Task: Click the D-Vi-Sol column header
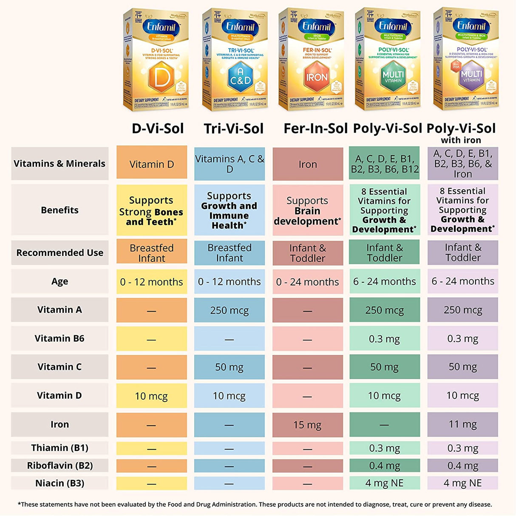coord(158,128)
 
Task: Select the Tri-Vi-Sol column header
coord(233,128)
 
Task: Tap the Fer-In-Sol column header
coord(315,128)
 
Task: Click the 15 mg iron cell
coord(307,425)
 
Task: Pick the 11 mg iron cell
coord(462,424)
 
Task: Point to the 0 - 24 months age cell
coord(307,281)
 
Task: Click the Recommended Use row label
coord(60,252)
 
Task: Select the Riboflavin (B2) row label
coord(60,465)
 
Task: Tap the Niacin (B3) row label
coord(60,483)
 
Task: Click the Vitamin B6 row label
coord(60,338)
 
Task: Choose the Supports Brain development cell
coord(307,210)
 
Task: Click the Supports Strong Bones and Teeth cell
coord(151,210)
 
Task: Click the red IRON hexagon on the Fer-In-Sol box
coord(317,77)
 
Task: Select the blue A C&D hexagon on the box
coord(241,77)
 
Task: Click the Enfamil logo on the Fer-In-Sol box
coord(316,26)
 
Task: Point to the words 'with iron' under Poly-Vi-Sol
coord(461,140)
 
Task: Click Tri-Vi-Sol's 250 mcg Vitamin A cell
coord(229,310)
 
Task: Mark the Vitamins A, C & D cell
coord(229,164)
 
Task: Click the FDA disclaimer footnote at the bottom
coord(255,505)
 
